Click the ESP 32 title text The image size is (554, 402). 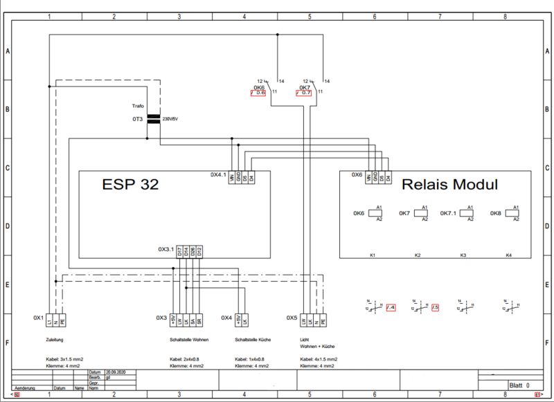130,185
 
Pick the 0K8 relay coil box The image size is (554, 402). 515,213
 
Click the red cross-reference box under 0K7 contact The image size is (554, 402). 303,92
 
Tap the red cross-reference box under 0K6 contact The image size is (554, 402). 258,92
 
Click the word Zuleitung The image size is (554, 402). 54,340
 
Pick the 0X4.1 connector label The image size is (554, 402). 219,175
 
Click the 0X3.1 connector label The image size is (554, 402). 167,250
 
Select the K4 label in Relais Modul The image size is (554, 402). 508,255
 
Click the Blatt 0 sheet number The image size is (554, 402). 519,385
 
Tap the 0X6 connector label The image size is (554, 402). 357,175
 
